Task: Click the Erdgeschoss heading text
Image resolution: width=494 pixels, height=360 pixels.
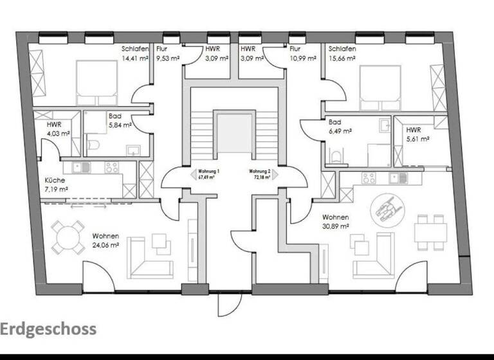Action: pyautogui.click(x=48, y=329)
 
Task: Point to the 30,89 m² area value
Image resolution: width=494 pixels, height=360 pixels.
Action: pyautogui.click(x=335, y=226)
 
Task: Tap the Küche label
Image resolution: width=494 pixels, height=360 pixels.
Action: pyautogui.click(x=54, y=181)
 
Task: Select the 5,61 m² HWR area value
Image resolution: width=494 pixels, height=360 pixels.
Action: pyautogui.click(x=417, y=138)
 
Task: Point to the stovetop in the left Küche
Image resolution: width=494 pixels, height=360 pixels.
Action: pyautogui.click(x=112, y=167)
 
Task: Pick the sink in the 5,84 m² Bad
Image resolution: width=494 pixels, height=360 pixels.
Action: pyautogui.click(x=133, y=151)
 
